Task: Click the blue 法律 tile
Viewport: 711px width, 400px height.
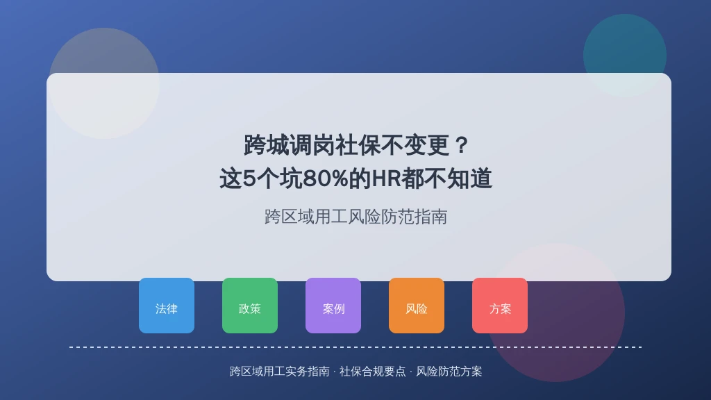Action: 167,306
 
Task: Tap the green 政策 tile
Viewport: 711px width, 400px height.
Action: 250,306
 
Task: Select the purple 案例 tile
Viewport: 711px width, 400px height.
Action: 333,306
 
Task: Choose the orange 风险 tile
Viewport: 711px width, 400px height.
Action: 417,306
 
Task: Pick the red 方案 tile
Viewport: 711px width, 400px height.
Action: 500,306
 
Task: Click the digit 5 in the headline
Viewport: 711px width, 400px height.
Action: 249,178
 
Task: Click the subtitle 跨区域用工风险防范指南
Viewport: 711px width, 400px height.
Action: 356,217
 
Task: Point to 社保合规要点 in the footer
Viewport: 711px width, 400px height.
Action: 373,372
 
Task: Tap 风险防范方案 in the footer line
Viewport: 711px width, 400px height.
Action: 449,372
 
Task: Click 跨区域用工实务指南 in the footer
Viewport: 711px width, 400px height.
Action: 280,372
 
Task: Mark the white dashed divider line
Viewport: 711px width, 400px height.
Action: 355,347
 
